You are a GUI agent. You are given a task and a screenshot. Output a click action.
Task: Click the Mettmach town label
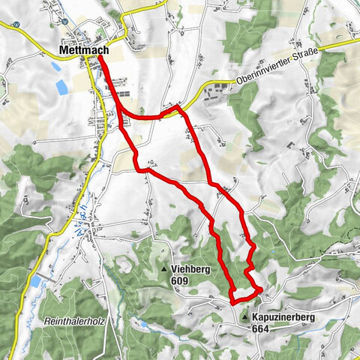tap(83, 51)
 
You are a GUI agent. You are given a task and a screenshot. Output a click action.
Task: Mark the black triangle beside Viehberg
tap(164, 269)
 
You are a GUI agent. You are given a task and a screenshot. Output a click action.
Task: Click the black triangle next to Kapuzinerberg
tap(245, 318)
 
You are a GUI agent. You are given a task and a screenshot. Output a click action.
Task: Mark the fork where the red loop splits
tap(118, 112)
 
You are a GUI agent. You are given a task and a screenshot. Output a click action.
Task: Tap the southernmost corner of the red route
tap(232, 302)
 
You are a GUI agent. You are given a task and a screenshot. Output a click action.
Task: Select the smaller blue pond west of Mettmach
tap(55, 66)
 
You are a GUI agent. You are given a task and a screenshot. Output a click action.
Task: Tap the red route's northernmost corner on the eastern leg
tap(178, 108)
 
